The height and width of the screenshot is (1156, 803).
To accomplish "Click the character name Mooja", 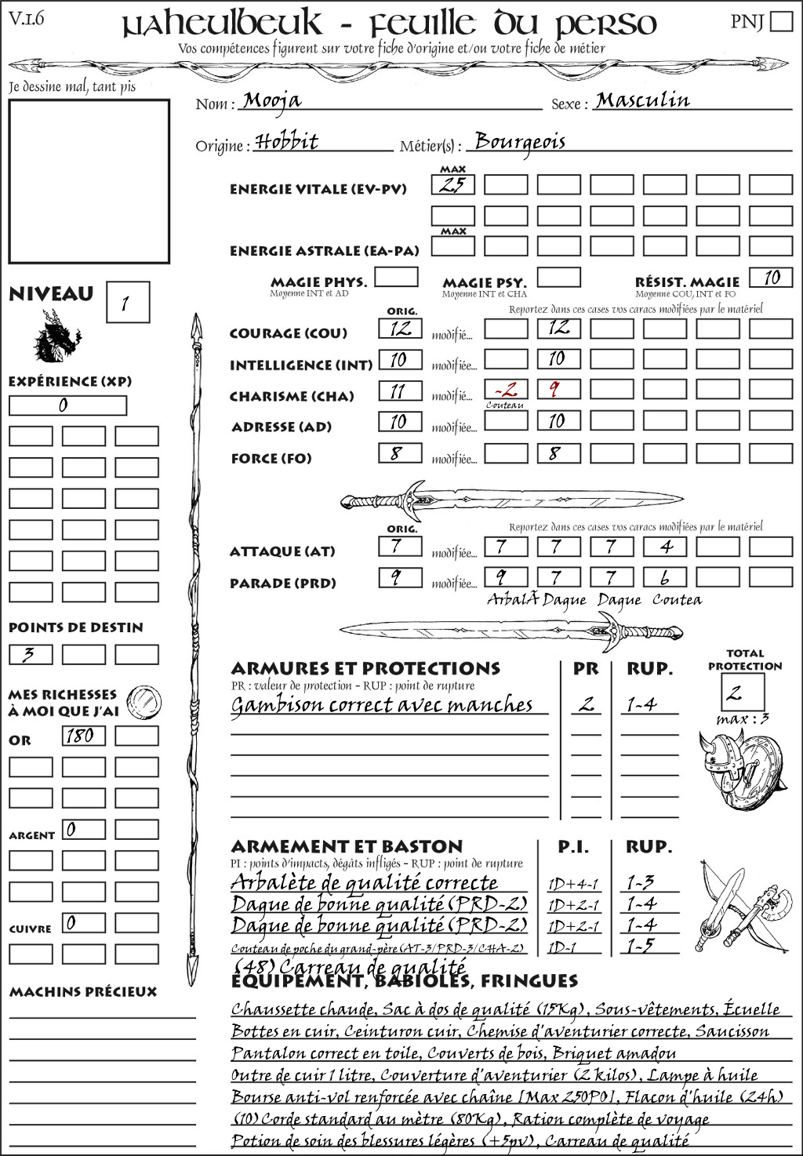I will click(271, 100).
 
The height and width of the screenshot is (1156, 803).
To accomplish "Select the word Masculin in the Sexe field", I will click(642, 100).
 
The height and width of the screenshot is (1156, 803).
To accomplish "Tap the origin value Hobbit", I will click(287, 142).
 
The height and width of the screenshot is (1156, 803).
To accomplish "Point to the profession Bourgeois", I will click(520, 142).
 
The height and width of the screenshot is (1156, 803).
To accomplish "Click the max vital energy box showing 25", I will click(452, 185).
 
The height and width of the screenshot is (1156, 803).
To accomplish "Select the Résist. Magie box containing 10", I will click(771, 278).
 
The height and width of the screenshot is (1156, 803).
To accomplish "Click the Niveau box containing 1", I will click(127, 303).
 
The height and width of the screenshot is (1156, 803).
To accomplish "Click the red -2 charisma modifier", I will click(505, 390).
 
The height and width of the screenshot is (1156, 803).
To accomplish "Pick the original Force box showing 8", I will click(400, 453).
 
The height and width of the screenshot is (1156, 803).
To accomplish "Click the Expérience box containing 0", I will click(67, 405).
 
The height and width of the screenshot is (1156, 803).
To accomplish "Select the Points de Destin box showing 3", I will click(31, 654).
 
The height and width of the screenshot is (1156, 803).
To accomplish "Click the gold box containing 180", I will click(83, 736).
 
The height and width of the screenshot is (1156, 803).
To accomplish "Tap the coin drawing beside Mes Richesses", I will click(144, 702).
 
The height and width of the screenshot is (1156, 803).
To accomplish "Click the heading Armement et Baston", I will click(347, 846).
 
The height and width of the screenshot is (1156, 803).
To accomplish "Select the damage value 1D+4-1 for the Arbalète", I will click(572, 884).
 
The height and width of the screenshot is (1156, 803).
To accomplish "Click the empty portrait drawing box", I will click(89, 181).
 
